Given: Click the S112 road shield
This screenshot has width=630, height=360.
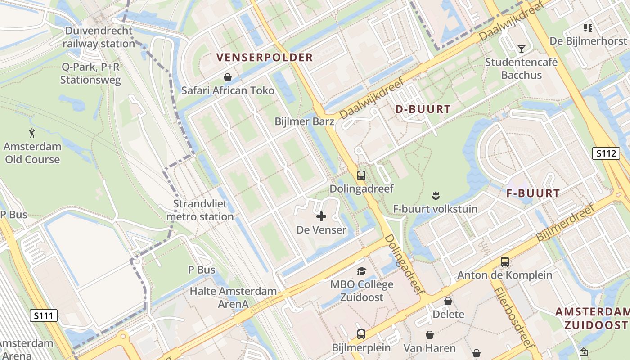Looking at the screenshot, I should coord(606,153).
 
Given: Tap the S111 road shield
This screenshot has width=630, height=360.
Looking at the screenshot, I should coord(44,315).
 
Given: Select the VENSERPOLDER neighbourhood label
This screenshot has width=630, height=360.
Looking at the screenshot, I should coord(264,57).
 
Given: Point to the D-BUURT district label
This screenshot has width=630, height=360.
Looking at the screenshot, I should coord(423,109).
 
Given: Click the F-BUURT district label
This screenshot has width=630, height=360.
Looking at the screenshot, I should coord(533,193).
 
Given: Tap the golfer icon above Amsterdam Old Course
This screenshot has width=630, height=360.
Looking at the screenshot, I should coord(32,133).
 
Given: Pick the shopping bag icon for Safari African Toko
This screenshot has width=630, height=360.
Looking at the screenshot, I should coord(228,77).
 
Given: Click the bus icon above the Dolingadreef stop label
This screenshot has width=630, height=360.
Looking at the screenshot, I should coord(361,175).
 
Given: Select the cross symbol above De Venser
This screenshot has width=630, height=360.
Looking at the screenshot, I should coord(321,217).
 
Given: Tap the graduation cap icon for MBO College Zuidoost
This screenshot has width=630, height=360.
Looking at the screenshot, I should coord(361,271).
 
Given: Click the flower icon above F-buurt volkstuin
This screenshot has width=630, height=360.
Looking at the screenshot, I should coord(436,196).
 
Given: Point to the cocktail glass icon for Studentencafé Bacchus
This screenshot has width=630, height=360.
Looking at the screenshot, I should coord(521,49).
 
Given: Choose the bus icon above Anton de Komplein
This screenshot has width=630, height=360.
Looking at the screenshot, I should coord(505,262).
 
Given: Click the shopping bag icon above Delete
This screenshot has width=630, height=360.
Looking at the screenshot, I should coord(448,301).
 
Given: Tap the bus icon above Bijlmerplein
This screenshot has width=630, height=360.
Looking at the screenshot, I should coord(361,334).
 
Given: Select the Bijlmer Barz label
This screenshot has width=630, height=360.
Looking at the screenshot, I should coord(305,121).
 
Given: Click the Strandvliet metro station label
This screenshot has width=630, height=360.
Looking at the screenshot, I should coord(200,211).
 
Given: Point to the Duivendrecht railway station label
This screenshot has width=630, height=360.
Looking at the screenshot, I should coord(99,37).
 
